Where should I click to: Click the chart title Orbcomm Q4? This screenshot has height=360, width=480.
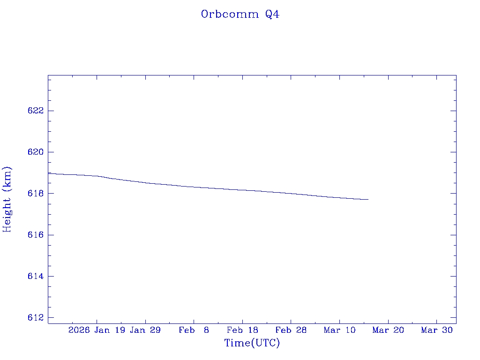click(x=240, y=14)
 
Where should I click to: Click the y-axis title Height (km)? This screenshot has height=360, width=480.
click(x=7, y=199)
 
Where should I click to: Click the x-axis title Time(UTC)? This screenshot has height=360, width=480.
click(x=252, y=343)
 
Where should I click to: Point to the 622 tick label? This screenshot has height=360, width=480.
click(x=36, y=111)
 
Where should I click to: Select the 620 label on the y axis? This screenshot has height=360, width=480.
click(x=36, y=152)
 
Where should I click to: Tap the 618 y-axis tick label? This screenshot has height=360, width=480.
click(x=36, y=193)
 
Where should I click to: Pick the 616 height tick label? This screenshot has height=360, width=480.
click(x=36, y=235)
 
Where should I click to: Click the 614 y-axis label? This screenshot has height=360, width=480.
click(x=36, y=276)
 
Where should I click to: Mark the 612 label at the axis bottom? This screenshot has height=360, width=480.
click(x=36, y=317)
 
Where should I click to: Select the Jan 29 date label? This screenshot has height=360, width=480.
click(x=145, y=330)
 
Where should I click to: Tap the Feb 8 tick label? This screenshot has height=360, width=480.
click(x=194, y=330)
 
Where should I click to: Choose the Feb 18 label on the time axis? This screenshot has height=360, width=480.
click(x=242, y=330)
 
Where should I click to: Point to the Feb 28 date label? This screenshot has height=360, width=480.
click(x=291, y=330)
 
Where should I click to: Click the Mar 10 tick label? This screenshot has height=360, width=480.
click(x=339, y=330)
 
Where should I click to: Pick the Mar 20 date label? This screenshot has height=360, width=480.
click(x=388, y=330)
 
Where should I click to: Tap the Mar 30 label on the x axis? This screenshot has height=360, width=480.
click(x=436, y=330)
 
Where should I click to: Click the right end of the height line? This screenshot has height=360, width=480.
click(x=368, y=199)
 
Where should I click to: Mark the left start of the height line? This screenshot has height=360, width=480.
click(x=49, y=173)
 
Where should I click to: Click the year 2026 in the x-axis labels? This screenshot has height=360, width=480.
click(x=79, y=330)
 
